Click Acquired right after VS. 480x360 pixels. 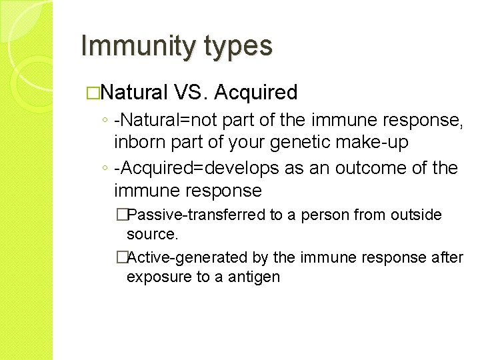(x=259, y=93)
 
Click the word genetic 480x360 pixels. (x=310, y=142)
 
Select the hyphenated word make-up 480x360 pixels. (x=379, y=142)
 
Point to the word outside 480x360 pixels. (x=413, y=215)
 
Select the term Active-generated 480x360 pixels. (x=174, y=257)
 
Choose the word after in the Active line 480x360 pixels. (x=447, y=257)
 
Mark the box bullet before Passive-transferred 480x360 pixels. (x=121, y=215)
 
